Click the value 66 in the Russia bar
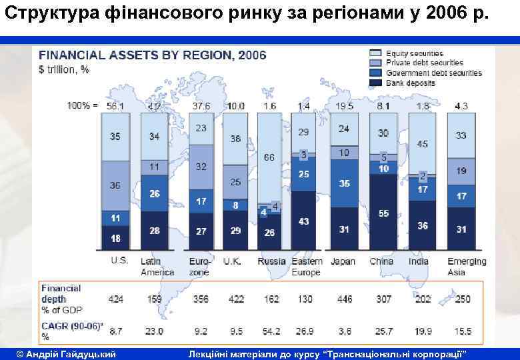269,157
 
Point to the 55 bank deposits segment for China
383,213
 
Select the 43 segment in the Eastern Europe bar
304,221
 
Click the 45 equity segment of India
422,144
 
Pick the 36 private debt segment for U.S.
115,185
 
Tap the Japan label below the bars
343,261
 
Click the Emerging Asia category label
466,267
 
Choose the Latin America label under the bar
157,267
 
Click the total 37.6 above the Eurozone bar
201,106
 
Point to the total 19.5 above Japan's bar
344,106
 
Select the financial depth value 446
344,299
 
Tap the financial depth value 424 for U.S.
115,299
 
